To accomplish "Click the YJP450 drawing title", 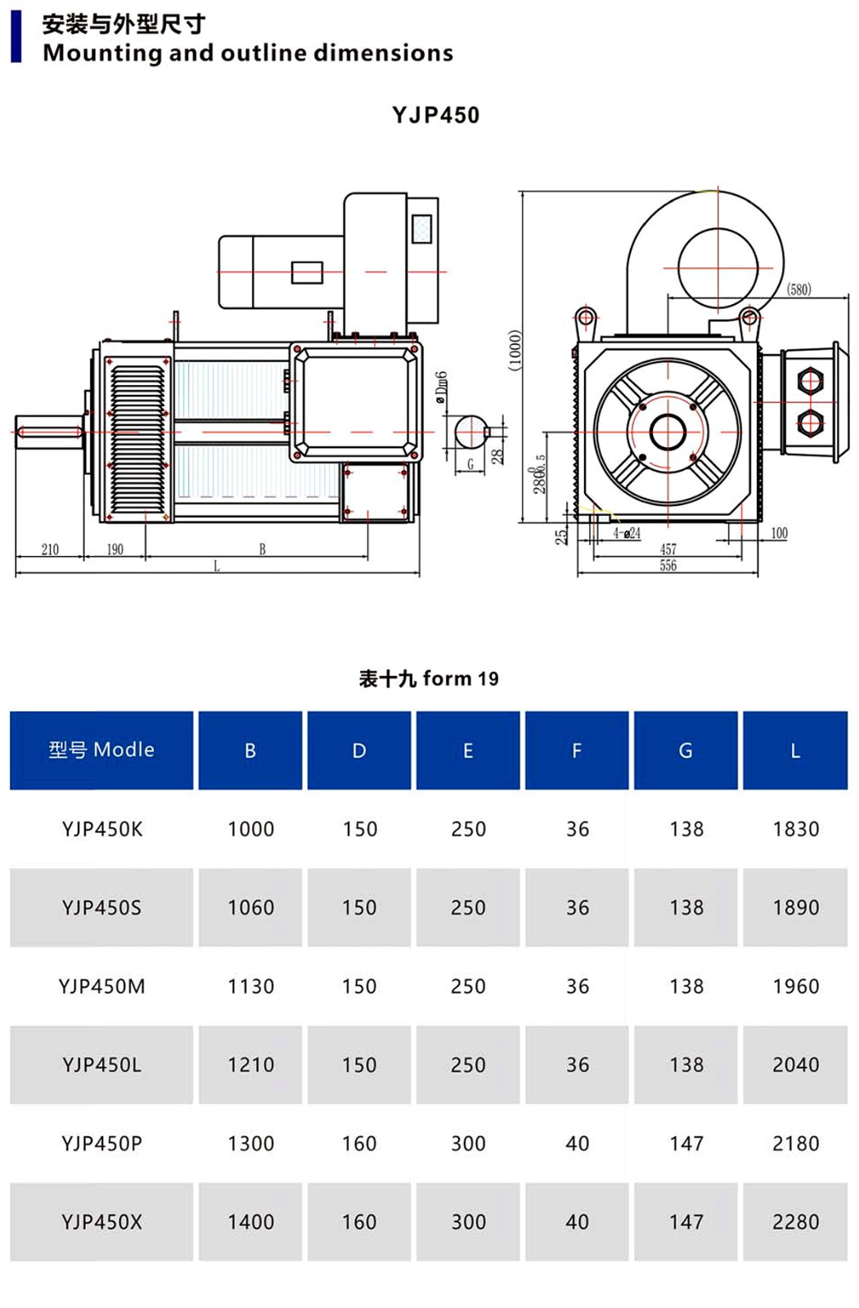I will click(x=435, y=114).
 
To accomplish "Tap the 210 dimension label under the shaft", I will click(x=50, y=549).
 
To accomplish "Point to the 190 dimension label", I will click(x=115, y=549).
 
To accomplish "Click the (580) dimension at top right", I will click(x=798, y=289).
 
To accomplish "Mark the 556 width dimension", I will click(x=668, y=565).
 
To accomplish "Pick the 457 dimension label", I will click(x=668, y=549).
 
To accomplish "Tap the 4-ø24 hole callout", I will click(x=627, y=534).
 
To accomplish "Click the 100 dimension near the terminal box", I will click(x=779, y=533).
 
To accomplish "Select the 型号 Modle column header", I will click(x=101, y=750).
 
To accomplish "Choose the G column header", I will click(x=686, y=750).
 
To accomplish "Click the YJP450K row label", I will click(x=102, y=829).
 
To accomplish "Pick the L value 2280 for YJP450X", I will click(x=795, y=1222).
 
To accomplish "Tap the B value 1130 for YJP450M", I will click(x=250, y=987).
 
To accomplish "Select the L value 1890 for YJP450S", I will click(x=795, y=907).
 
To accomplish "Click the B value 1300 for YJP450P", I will click(x=250, y=1144).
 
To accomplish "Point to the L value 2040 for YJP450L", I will click(x=795, y=1065).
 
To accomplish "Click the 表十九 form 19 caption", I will click(x=429, y=679).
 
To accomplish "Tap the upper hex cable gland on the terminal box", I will click(x=809, y=380).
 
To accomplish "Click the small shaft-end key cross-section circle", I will click(x=470, y=432).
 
